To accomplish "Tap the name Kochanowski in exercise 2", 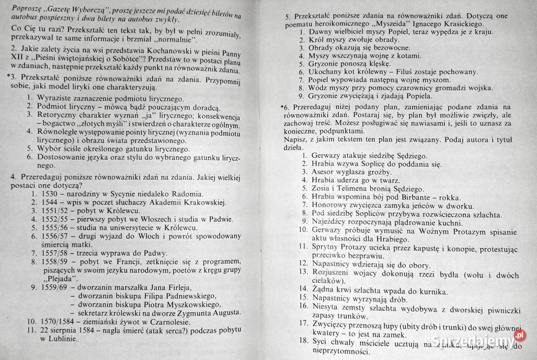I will tap(147, 51).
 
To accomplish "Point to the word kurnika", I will tap(431, 291).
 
